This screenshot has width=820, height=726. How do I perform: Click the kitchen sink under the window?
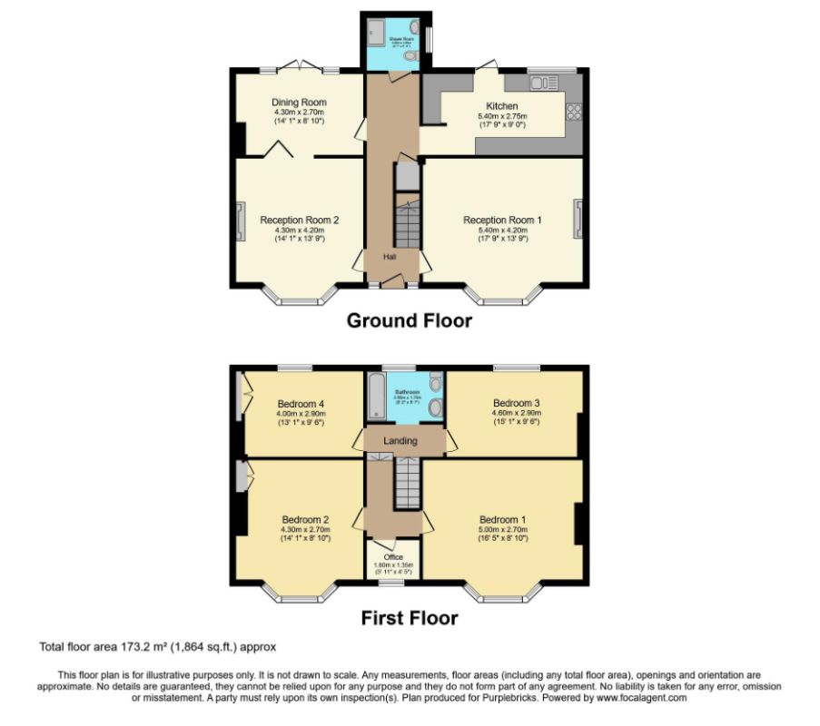pyautogui.click(x=544, y=83)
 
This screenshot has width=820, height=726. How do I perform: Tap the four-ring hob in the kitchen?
pyautogui.click(x=573, y=113)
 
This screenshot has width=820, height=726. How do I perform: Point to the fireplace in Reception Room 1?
pyautogui.click(x=578, y=220)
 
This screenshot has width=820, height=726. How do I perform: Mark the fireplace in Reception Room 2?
pyautogui.click(x=239, y=220)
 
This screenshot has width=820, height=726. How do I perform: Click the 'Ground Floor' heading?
pyautogui.click(x=410, y=320)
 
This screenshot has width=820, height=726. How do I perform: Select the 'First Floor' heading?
pyautogui.click(x=410, y=618)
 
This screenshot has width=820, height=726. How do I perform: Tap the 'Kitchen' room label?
pyautogui.click(x=502, y=106)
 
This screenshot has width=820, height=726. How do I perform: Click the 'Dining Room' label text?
pyautogui.click(x=299, y=103)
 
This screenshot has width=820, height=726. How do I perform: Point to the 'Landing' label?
pyautogui.click(x=400, y=441)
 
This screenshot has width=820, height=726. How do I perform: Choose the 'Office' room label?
pyautogui.click(x=393, y=557)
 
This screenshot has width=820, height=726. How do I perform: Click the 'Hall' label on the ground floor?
pyautogui.click(x=390, y=257)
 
